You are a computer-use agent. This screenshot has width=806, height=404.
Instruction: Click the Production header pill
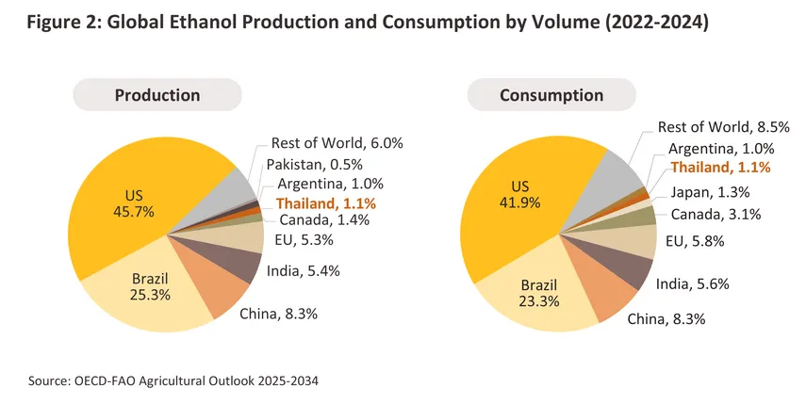coord(157,95)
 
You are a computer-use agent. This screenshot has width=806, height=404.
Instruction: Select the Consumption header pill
coord(551,95)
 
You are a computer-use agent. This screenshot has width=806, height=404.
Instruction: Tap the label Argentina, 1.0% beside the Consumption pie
coord(721,148)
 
